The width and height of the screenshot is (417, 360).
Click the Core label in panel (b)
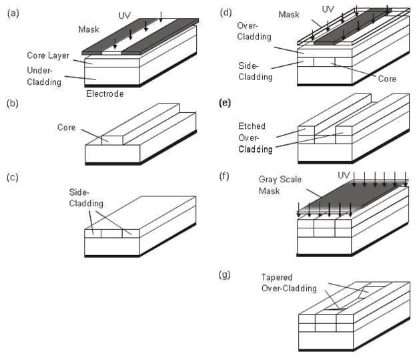[65, 127]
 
